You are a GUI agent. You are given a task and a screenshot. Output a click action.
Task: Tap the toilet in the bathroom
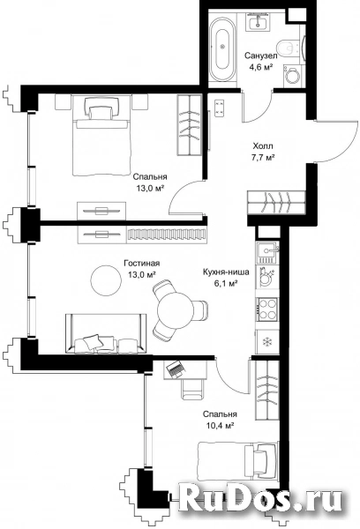289,48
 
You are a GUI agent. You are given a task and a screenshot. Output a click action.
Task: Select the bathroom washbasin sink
259,21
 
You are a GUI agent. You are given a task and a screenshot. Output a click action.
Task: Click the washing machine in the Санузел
292,76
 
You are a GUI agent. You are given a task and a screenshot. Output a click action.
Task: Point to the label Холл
263,146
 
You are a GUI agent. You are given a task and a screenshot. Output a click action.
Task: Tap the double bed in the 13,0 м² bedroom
101,135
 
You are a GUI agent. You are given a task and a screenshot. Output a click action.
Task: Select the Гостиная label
142,263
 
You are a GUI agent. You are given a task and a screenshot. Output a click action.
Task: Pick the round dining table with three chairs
176,309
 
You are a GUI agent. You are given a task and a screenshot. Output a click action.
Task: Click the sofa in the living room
106,333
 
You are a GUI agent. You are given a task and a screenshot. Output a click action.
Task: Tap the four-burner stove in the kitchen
267,309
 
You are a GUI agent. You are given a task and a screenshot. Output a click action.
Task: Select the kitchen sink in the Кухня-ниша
268,253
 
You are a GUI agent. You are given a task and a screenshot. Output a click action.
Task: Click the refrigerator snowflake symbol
267,342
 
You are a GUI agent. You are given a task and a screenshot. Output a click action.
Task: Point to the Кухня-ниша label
226,272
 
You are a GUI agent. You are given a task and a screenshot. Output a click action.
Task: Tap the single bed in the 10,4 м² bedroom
237,459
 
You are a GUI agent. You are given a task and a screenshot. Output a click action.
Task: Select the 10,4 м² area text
221,426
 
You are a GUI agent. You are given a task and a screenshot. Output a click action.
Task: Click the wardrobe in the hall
276,202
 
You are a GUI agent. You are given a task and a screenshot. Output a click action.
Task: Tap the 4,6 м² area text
261,68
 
